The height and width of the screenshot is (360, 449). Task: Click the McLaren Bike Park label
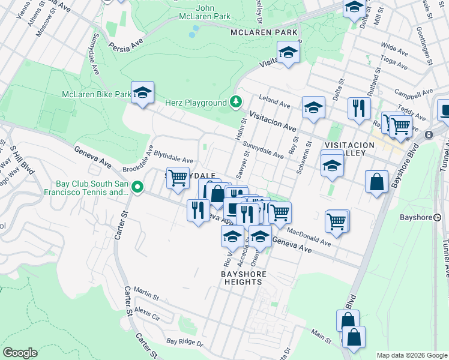[x=96, y=94]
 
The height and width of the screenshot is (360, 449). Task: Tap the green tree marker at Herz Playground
[x=237, y=103]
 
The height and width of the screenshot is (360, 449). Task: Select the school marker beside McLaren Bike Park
[x=142, y=92]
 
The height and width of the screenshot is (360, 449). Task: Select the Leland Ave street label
[x=274, y=98]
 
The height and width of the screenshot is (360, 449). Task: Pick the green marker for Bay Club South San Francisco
[x=137, y=187]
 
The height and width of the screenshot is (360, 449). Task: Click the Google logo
[x=20, y=353]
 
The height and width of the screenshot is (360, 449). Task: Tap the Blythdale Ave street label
[x=173, y=157]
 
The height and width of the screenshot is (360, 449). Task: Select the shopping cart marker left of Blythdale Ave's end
[x=178, y=178]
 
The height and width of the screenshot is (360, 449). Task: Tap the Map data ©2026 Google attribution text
[x=411, y=355]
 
